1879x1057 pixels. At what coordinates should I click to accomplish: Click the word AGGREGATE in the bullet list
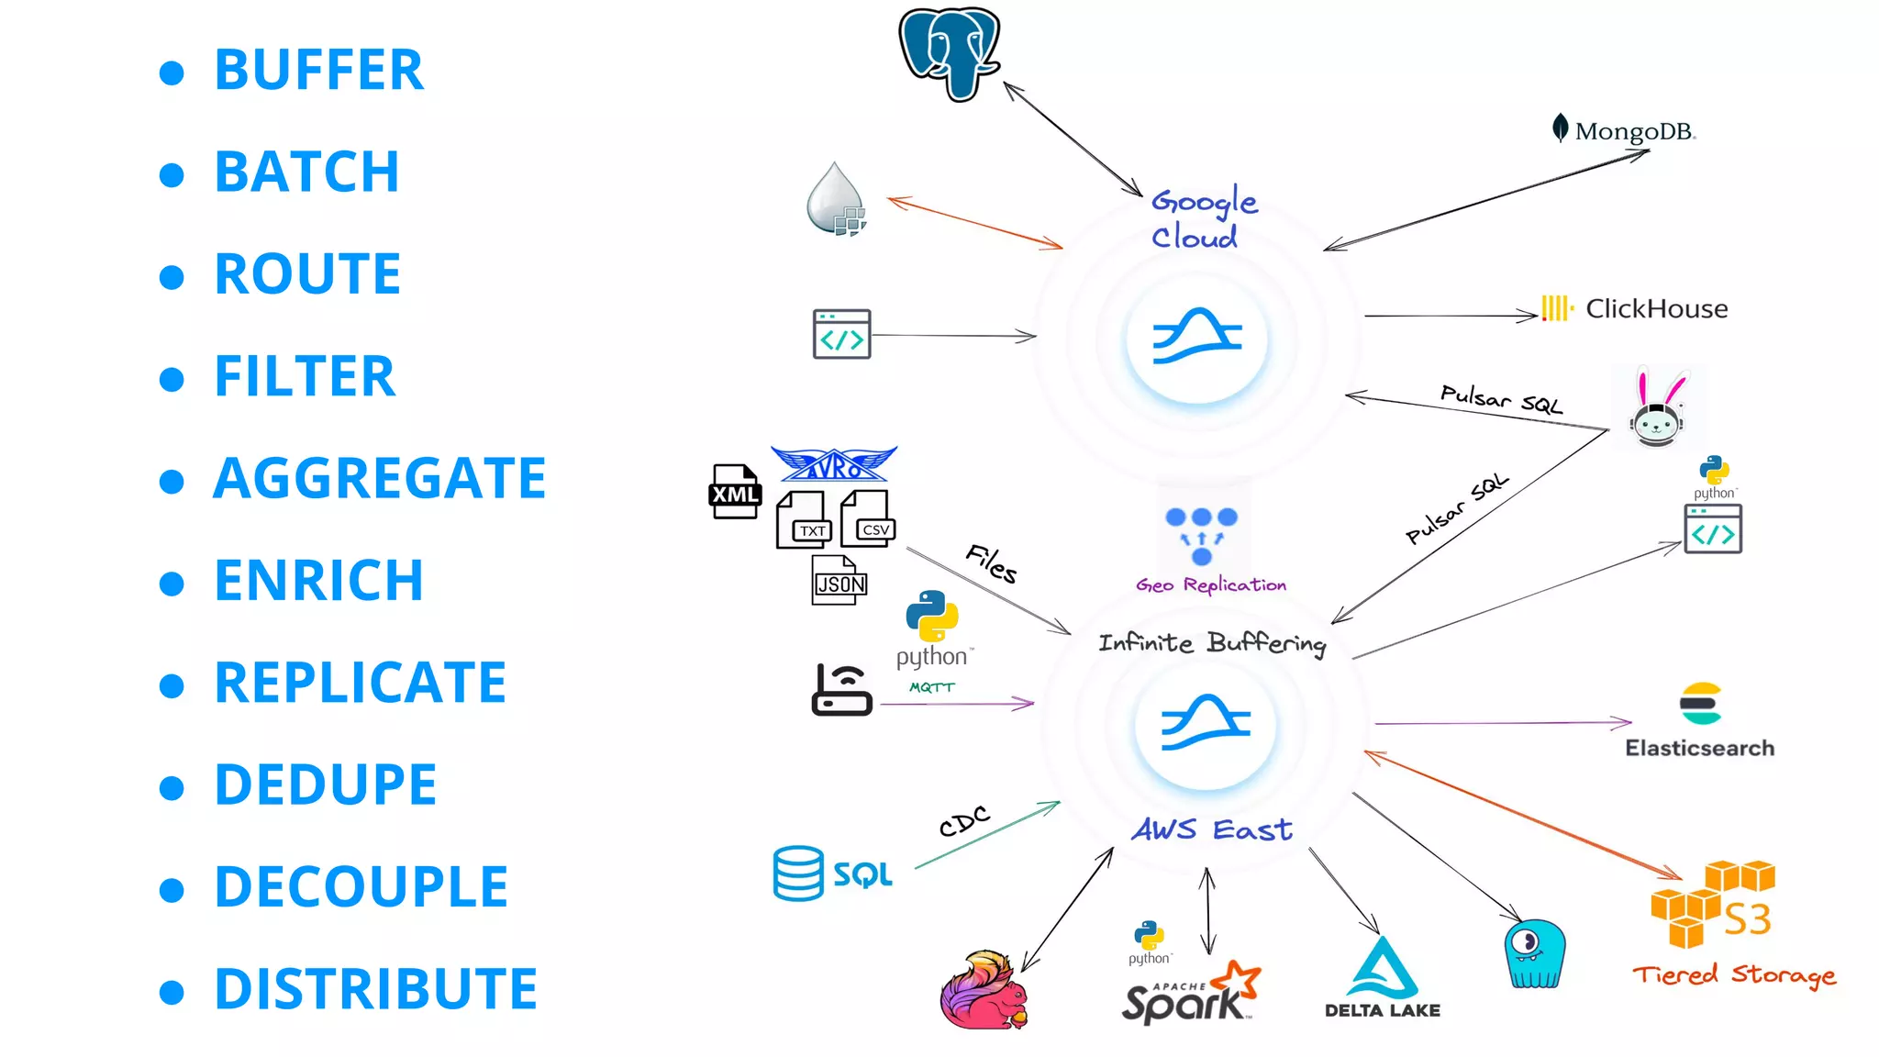pyautogui.click(x=379, y=478)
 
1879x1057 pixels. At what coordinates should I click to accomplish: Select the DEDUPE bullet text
pyautogui.click(x=326, y=784)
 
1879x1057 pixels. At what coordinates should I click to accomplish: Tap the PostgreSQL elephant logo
pyautogui.click(x=949, y=53)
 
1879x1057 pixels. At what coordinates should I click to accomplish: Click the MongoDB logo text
pyautogui.click(x=1633, y=131)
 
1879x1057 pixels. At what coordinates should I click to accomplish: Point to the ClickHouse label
pyautogui.click(x=1655, y=308)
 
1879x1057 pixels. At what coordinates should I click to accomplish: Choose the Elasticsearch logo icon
pyautogui.click(x=1700, y=704)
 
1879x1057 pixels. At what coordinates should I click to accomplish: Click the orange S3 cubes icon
pyautogui.click(x=1711, y=903)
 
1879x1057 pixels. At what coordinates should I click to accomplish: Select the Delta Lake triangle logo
pyautogui.click(x=1382, y=969)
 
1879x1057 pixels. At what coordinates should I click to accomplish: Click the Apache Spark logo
pyautogui.click(x=1190, y=994)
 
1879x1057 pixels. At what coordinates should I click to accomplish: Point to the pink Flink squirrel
pyautogui.click(x=984, y=991)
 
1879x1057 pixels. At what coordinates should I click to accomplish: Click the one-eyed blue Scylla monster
pyautogui.click(x=1534, y=953)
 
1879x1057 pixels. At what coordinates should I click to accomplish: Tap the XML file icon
pyautogui.click(x=735, y=492)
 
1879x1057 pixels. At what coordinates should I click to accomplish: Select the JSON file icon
pyautogui.click(x=839, y=580)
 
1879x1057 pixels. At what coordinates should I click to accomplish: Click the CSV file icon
pyautogui.click(x=869, y=520)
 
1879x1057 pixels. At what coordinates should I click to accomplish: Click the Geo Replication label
pyautogui.click(x=1210, y=584)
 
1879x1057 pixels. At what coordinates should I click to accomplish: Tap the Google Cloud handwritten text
pyautogui.click(x=1202, y=218)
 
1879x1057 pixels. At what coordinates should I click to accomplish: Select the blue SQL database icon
pyautogui.click(x=798, y=873)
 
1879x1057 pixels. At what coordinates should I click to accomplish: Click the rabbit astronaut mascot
pyautogui.click(x=1658, y=411)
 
